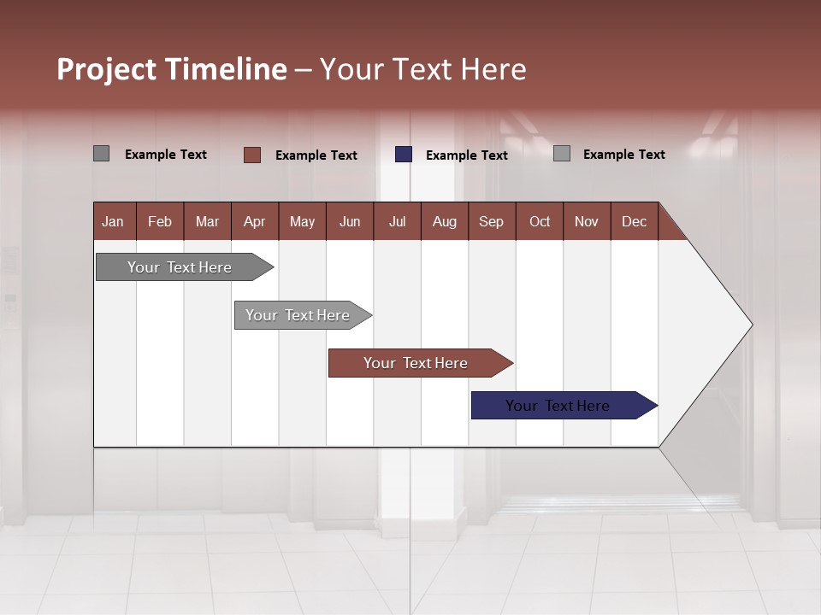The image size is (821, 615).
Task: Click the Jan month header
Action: click(113, 221)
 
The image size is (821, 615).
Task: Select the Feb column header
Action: click(160, 221)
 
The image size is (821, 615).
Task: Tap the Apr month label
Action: click(254, 221)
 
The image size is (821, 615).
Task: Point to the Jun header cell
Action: click(350, 221)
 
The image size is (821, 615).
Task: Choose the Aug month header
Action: click(444, 221)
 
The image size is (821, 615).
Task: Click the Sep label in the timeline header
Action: click(491, 221)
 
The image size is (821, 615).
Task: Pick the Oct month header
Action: click(540, 221)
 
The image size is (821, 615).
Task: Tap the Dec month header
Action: click(634, 221)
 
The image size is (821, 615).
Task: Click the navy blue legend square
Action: click(404, 155)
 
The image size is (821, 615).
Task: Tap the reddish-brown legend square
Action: click(252, 155)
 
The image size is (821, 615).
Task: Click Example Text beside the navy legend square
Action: click(466, 155)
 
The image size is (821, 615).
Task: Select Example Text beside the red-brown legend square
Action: click(316, 155)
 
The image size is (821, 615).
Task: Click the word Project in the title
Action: click(107, 69)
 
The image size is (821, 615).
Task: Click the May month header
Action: click(302, 221)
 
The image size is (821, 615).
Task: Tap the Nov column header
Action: click(586, 221)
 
